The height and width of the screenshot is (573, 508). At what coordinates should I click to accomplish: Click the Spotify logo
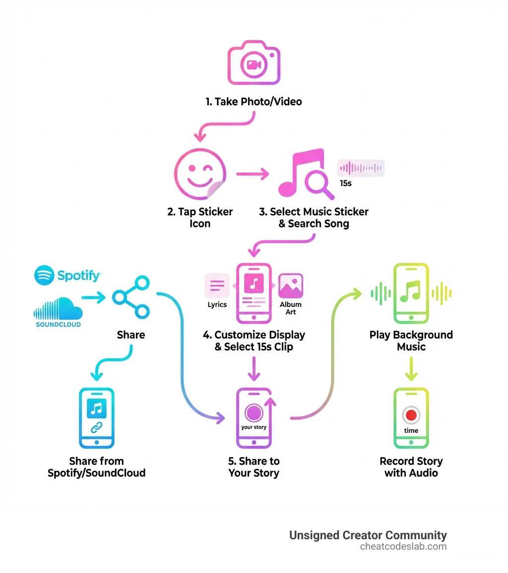[67, 275]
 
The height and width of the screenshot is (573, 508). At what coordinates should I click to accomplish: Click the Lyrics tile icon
[217, 286]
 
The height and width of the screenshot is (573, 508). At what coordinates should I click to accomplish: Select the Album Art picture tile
[291, 286]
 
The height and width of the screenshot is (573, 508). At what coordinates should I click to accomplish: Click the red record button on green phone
[411, 415]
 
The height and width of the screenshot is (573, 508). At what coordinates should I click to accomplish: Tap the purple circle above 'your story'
[254, 412]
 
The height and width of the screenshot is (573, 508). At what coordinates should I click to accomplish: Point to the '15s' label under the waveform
[346, 183]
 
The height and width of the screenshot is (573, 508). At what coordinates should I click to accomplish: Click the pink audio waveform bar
[361, 168]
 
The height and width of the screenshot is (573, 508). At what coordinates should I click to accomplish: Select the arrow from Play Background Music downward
[411, 370]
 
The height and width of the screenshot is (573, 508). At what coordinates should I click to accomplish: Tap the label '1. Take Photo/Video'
[254, 102]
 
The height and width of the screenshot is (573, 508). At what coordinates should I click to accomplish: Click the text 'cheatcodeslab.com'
[403, 547]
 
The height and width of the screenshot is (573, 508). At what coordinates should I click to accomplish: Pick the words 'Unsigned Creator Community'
[368, 535]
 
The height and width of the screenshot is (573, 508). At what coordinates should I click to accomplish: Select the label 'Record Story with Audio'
[411, 467]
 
